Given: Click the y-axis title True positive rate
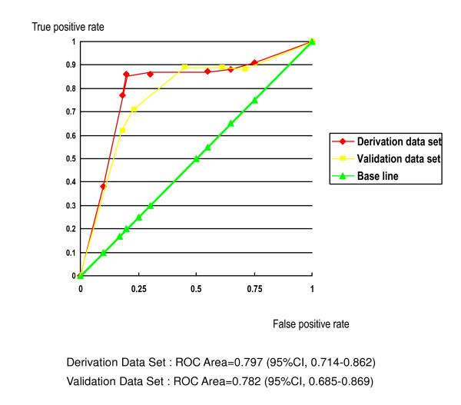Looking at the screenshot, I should tap(67, 28).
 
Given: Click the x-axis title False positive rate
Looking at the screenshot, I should tap(310, 324).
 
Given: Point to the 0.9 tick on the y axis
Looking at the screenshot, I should tap(72, 65).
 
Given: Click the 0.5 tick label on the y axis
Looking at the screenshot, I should tap(72, 159).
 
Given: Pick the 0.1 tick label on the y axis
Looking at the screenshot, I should tap(72, 253).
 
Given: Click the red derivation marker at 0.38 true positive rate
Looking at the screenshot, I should tap(103, 186).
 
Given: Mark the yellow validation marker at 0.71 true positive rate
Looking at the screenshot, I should tap(134, 109).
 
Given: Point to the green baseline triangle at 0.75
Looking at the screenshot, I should tap(254, 100).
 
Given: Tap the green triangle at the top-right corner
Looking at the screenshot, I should tap(312, 41).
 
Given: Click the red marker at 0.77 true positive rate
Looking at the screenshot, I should tap(122, 95).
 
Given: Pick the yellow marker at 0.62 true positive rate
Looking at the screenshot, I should tap(122, 130).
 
